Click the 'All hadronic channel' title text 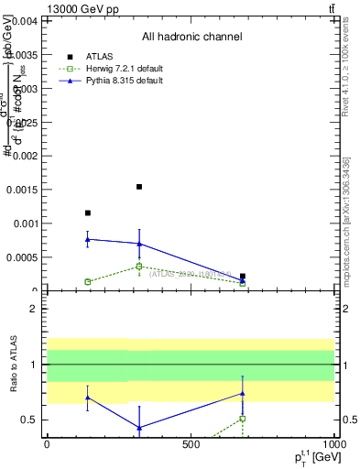[x=191, y=37]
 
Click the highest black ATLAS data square [x=139, y=187]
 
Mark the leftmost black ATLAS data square [x=88, y=213]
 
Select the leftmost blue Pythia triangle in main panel [x=88, y=239]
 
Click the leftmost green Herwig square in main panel [x=88, y=281]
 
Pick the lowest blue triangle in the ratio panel [x=139, y=428]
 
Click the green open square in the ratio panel [x=243, y=419]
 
